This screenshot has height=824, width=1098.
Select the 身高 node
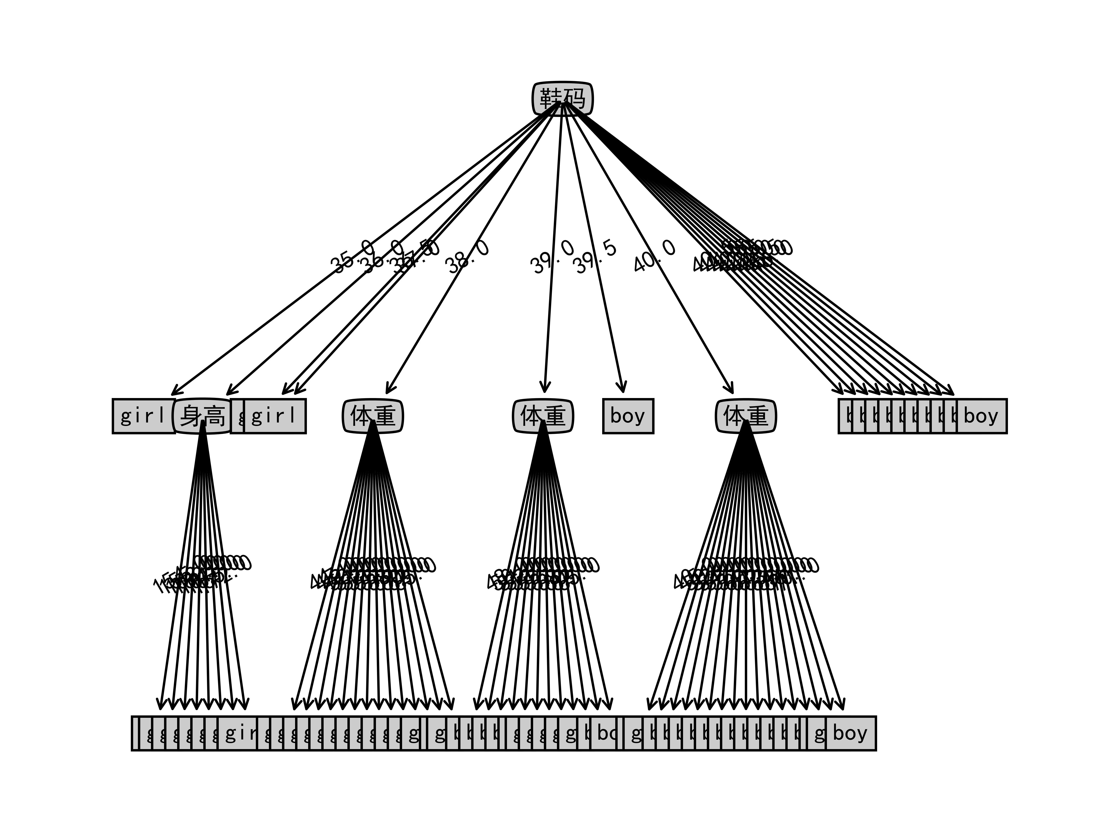pyautogui.click(x=202, y=416)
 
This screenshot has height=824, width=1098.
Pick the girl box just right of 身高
pyautogui.click(x=274, y=416)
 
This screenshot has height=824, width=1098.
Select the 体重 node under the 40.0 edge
pyautogui.click(x=746, y=416)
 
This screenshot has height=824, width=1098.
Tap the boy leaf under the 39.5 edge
pyautogui.click(x=628, y=416)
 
